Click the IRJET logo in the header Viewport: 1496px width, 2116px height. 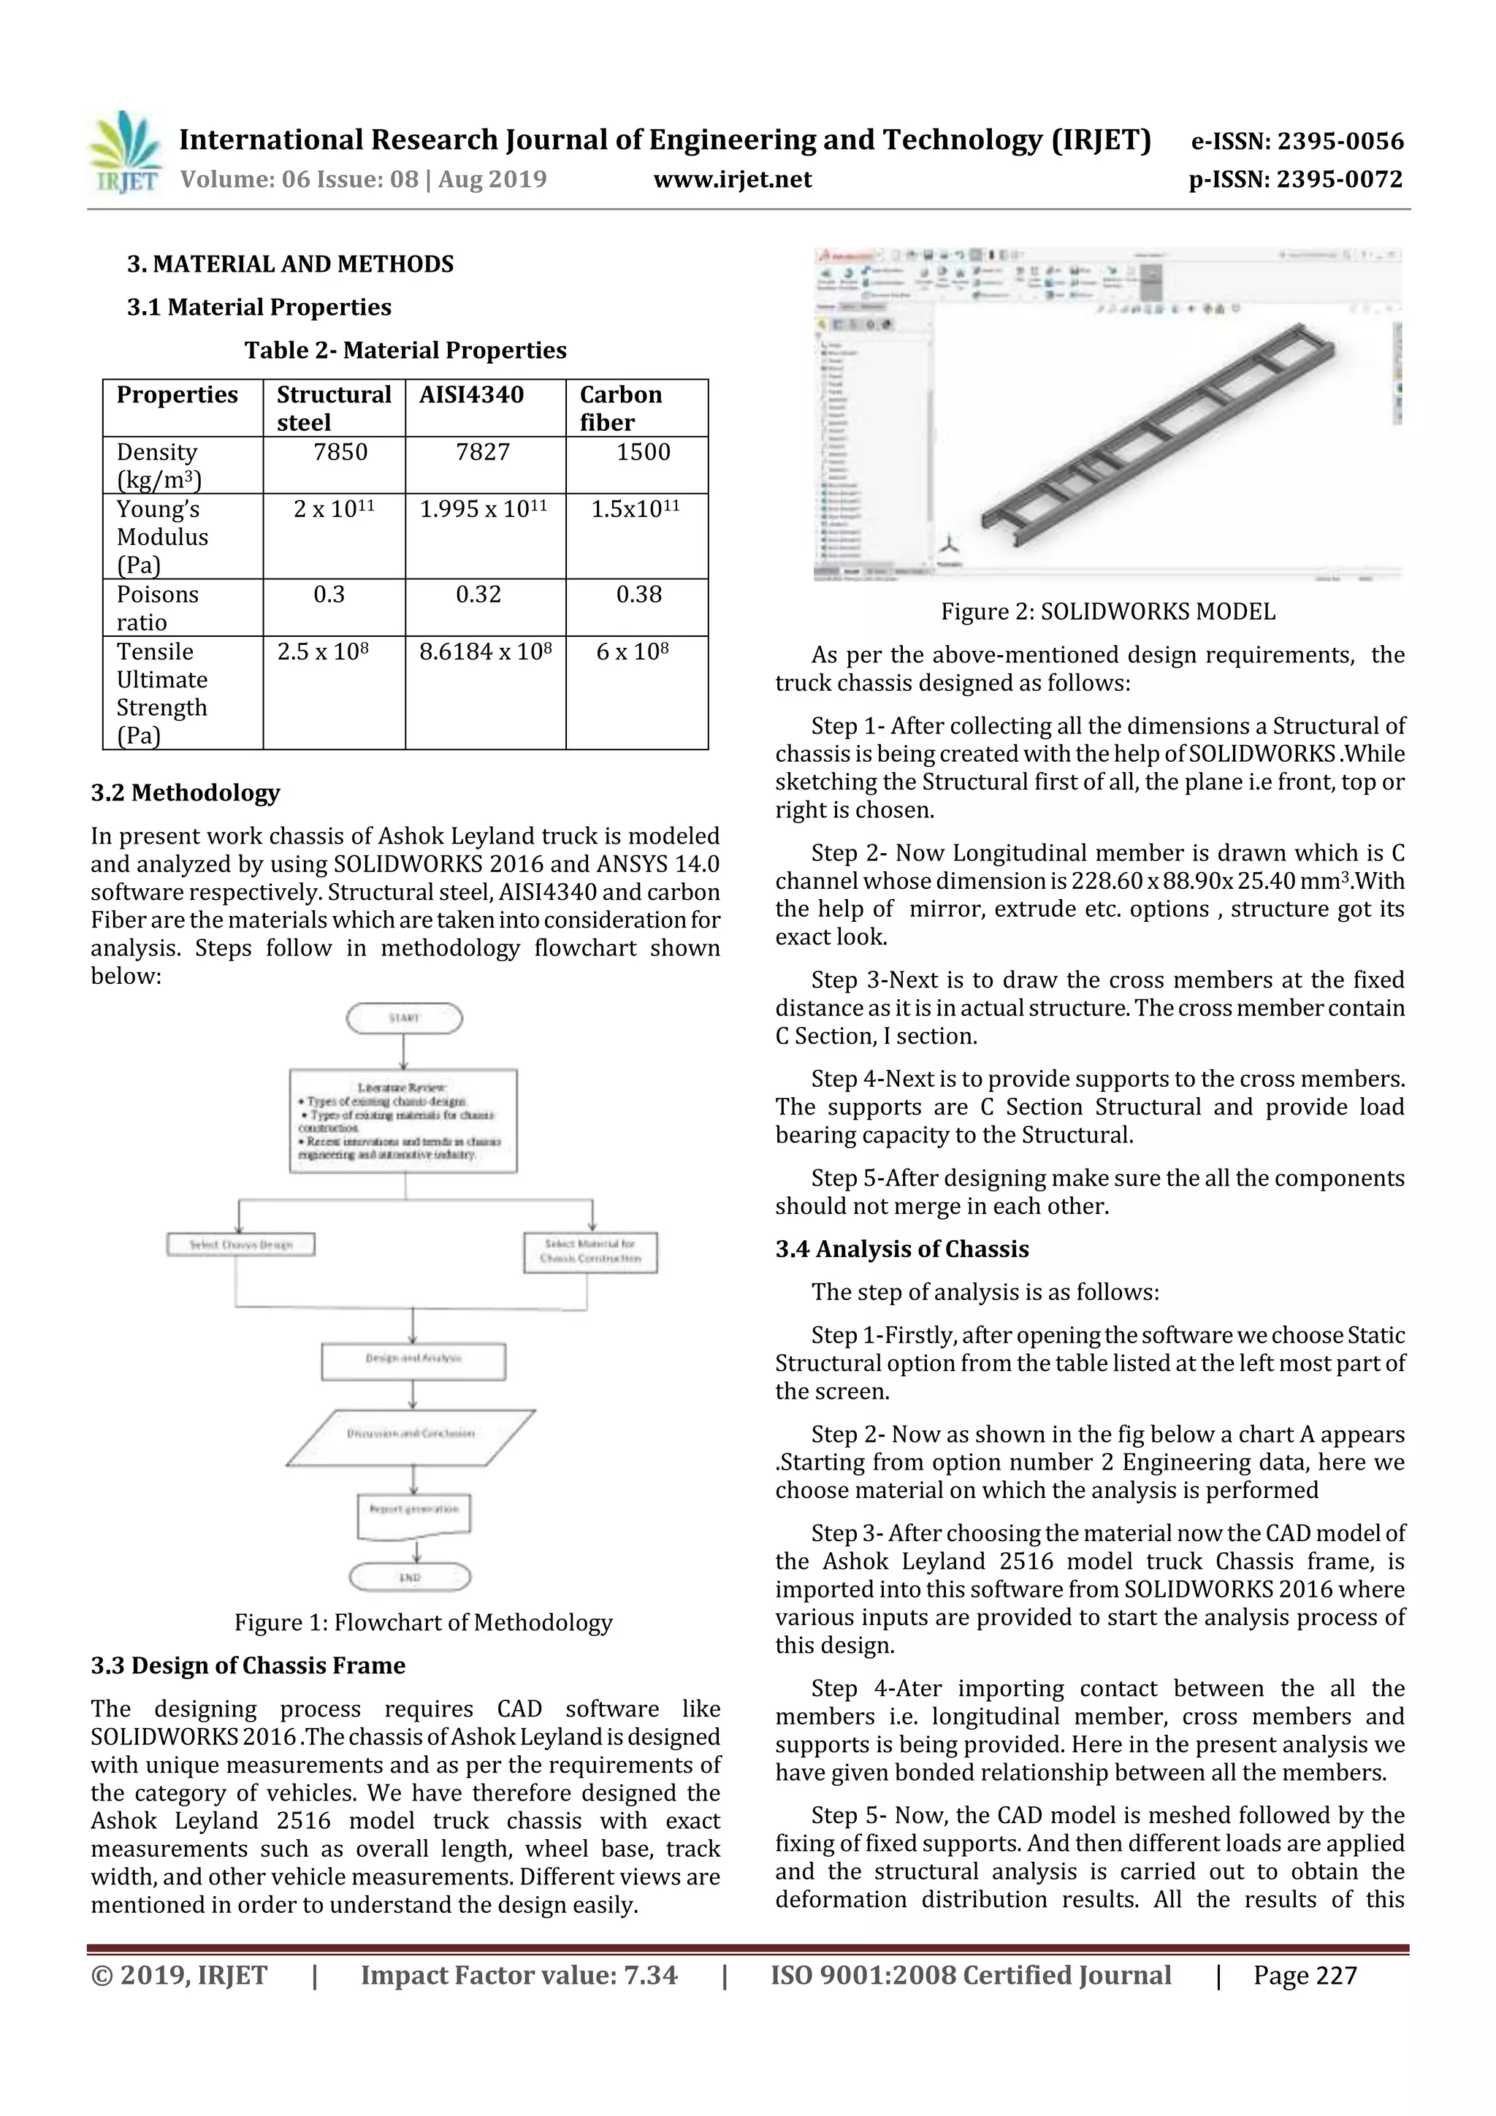tap(123, 153)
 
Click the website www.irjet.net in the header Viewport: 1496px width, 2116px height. tap(732, 179)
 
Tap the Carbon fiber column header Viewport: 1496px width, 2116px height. tap(620, 408)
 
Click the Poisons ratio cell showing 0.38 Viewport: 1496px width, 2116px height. tap(638, 595)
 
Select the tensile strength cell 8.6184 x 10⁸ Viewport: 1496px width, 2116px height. tap(485, 652)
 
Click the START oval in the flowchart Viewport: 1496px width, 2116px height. tap(404, 1018)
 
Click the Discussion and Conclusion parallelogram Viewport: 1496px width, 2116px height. tap(411, 1434)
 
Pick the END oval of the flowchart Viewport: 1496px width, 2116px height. tap(411, 1577)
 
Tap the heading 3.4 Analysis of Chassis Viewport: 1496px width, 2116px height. tap(901, 1249)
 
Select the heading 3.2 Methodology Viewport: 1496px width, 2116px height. tap(186, 792)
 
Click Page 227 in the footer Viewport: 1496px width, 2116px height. tap(1305, 1975)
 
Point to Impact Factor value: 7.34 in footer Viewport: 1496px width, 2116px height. tap(518, 1975)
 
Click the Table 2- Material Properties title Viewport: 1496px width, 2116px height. tap(405, 350)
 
